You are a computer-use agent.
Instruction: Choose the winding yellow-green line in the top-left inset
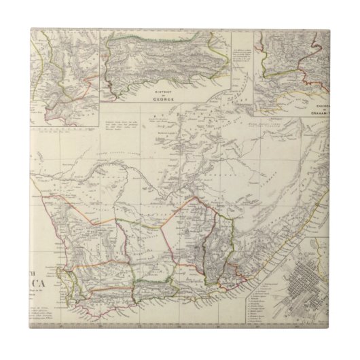coord(41,68)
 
